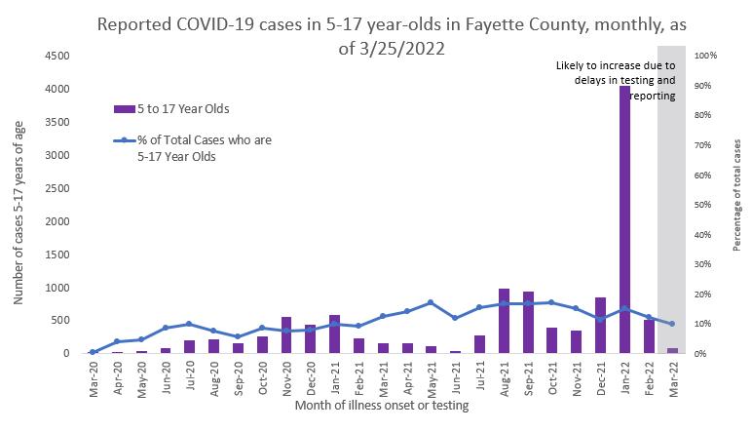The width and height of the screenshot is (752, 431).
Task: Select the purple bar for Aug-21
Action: (x=504, y=321)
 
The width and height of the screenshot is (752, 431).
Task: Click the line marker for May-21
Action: (x=431, y=302)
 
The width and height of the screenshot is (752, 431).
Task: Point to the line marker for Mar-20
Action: (x=93, y=352)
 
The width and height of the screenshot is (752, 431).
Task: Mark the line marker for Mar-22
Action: (x=672, y=324)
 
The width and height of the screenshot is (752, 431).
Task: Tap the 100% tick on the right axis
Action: (x=706, y=56)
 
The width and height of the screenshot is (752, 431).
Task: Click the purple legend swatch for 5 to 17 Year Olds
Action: (x=122, y=108)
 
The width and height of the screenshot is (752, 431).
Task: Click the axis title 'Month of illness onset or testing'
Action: (x=382, y=407)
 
